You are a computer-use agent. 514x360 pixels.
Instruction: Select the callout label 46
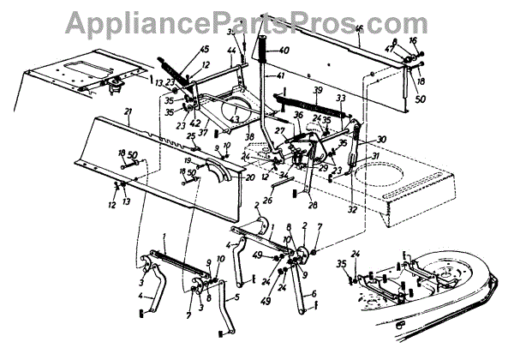[x=359, y=30]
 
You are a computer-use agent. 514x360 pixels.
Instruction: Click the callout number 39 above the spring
[x=317, y=91]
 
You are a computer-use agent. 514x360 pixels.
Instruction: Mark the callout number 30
[x=381, y=140]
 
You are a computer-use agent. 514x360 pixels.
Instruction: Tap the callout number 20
[x=250, y=177]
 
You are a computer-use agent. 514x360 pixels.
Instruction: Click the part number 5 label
[x=235, y=299]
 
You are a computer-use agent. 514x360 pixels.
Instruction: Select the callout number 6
[x=314, y=294]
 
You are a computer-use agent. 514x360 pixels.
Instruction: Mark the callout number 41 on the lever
[x=279, y=76]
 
